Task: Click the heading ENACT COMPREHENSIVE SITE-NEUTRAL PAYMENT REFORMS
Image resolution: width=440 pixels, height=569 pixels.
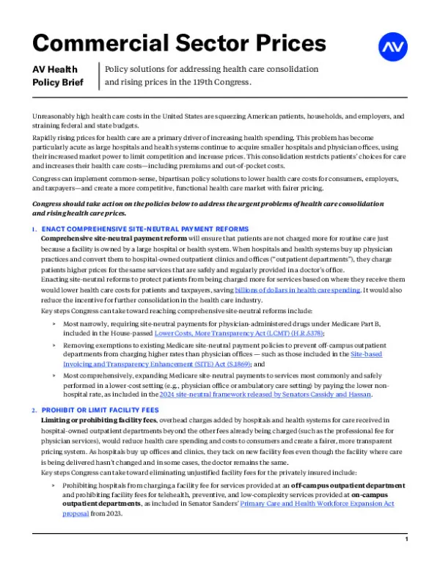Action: pos(145,230)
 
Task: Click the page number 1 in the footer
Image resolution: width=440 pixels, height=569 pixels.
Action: pos(406,559)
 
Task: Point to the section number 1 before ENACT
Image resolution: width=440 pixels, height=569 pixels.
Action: pos(34,230)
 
